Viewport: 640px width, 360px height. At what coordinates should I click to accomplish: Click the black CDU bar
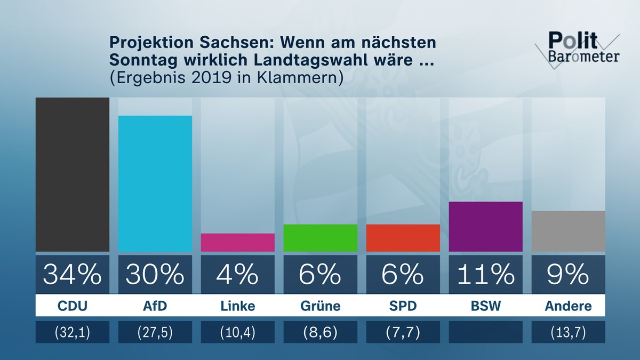[73, 174]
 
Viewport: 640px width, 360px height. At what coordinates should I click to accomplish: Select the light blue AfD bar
[155, 183]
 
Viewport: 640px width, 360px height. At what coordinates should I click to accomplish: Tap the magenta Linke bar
[238, 243]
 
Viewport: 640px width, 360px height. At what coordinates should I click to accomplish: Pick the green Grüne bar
[321, 238]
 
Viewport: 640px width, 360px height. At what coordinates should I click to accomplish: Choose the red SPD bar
[403, 238]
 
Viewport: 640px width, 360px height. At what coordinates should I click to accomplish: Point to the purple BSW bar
[486, 227]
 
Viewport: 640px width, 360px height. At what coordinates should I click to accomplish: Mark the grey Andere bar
[569, 231]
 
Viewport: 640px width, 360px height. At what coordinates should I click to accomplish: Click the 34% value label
[73, 274]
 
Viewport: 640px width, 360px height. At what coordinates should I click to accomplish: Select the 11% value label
[486, 274]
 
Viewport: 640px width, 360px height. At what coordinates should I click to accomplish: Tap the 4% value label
[238, 274]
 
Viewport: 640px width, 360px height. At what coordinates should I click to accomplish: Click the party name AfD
[155, 307]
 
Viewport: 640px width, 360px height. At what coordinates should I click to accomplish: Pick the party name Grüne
[321, 307]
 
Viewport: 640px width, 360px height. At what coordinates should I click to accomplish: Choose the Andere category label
[569, 307]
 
